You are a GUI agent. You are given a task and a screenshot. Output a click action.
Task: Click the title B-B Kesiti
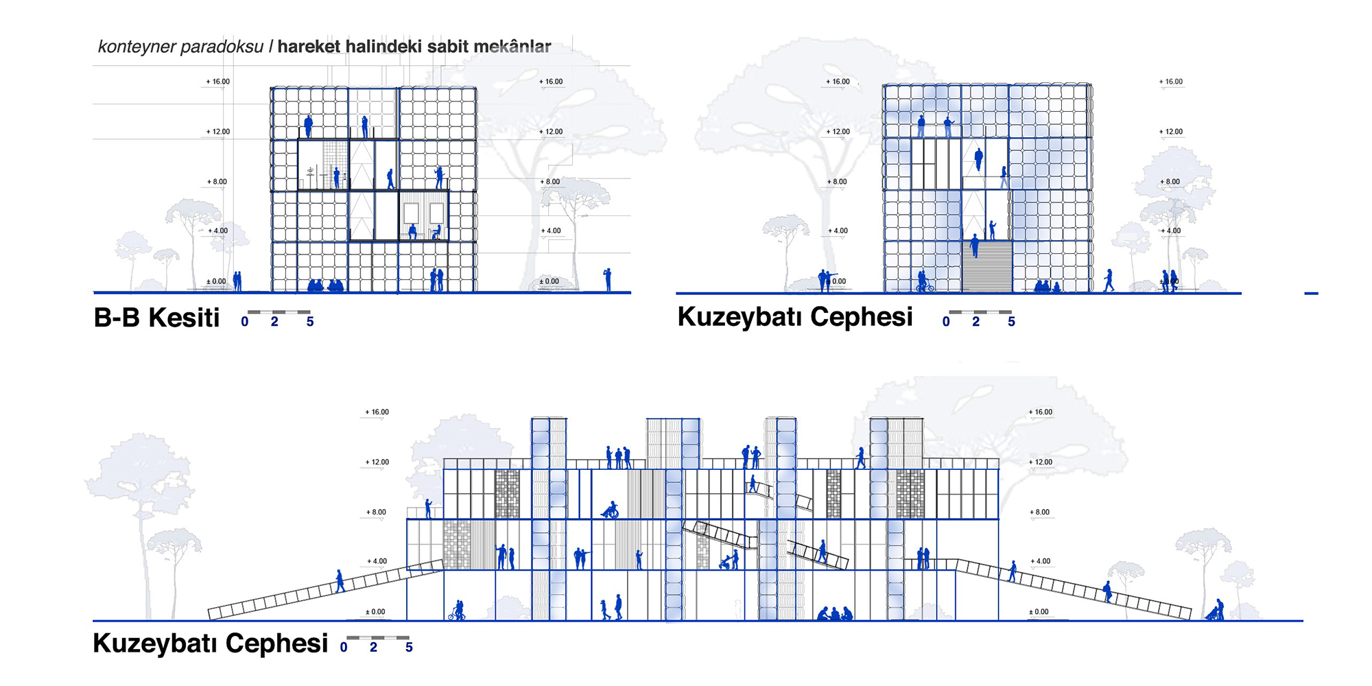156,318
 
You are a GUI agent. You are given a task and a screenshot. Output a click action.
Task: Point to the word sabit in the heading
451,47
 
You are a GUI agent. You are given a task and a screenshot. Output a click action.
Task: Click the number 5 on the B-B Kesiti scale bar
310,322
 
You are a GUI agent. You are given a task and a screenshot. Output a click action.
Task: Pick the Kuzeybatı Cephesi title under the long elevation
210,643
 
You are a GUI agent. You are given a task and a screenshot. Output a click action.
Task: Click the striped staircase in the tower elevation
986,266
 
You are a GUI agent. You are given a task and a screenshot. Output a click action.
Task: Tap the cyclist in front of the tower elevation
924,282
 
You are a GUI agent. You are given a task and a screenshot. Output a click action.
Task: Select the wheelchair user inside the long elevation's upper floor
610,510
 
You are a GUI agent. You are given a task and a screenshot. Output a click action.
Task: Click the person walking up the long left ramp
340,581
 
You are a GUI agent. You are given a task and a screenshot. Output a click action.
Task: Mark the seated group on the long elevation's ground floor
835,614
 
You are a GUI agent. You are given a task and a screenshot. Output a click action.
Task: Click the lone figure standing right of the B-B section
607,279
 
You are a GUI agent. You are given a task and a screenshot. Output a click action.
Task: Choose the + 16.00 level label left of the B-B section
218,82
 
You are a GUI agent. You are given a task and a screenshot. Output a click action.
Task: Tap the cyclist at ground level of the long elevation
457,611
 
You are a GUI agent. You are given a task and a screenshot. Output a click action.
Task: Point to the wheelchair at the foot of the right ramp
1215,612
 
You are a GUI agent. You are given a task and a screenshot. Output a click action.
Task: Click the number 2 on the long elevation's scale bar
373,648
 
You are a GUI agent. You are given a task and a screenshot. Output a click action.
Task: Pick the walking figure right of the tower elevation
1109,280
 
